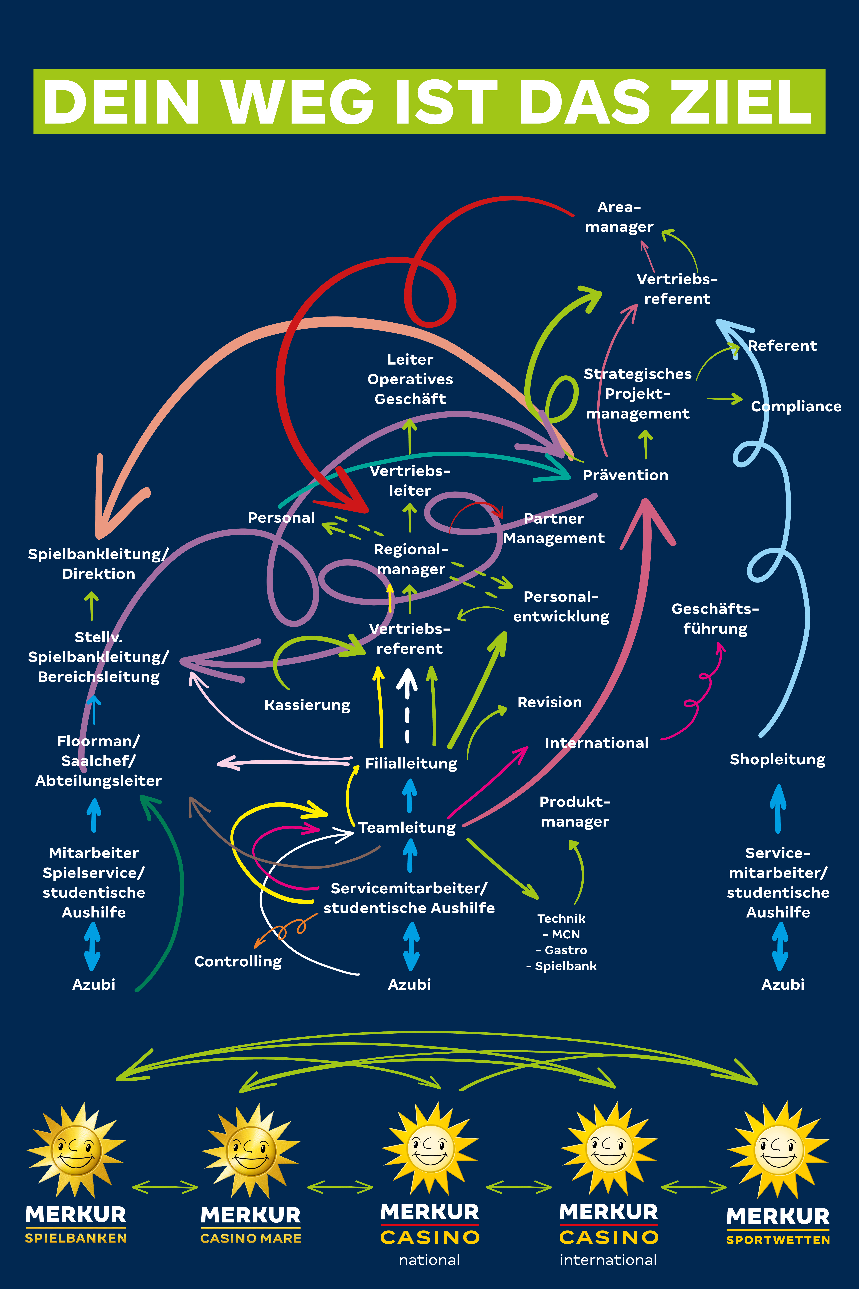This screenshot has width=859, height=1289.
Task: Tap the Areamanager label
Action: (x=619, y=217)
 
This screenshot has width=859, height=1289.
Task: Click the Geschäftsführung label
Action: (x=715, y=619)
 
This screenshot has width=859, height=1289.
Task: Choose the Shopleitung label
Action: (x=777, y=760)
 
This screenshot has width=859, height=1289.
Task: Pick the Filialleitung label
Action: (x=411, y=763)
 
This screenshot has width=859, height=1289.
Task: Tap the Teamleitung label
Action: (x=407, y=828)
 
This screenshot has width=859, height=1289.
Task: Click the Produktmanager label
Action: (x=575, y=812)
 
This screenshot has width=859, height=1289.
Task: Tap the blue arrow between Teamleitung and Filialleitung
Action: (x=409, y=795)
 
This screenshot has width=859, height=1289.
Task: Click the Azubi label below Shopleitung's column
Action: (x=783, y=984)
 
